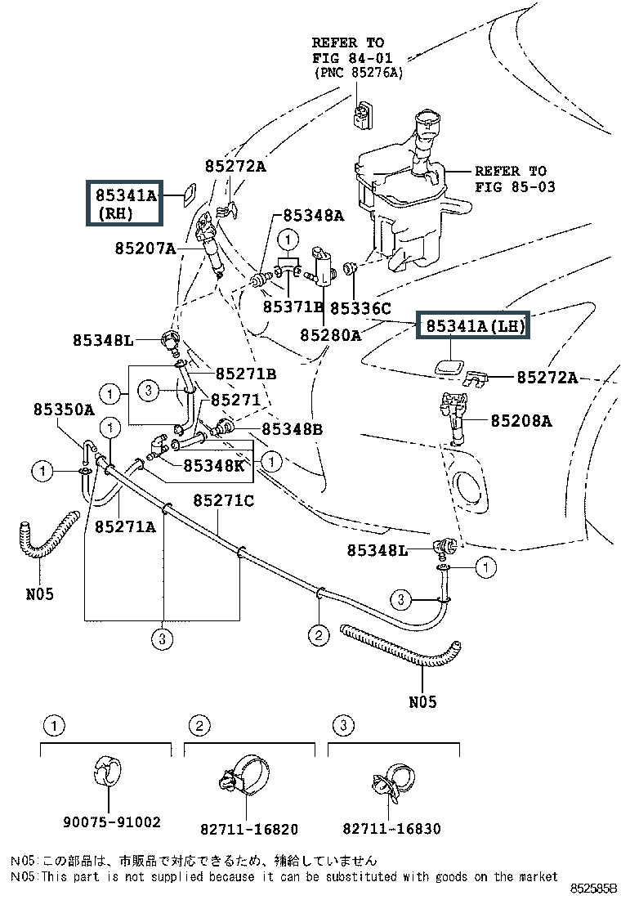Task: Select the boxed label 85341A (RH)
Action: tap(126, 204)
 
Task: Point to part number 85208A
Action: tap(520, 422)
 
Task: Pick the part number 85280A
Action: tap(330, 334)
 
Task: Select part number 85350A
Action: tap(64, 409)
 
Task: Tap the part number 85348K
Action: tap(213, 465)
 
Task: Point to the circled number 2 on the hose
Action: tap(318, 634)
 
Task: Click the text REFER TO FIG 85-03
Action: tap(514, 178)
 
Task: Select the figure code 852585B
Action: tap(593, 887)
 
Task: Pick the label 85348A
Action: tap(314, 216)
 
